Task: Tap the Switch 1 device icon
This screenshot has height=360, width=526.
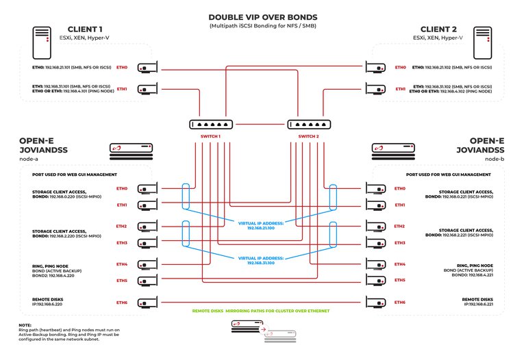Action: (210, 125)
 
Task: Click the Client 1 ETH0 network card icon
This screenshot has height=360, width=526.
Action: (149, 68)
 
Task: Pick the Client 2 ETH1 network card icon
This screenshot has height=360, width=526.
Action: (377, 89)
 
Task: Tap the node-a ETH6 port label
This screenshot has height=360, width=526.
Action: (122, 303)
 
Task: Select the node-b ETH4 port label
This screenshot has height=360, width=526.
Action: (400, 264)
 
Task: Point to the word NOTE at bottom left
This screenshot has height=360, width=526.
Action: (25, 324)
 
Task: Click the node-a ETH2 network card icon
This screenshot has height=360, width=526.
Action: (149, 227)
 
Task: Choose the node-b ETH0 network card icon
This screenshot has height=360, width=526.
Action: (377, 188)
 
